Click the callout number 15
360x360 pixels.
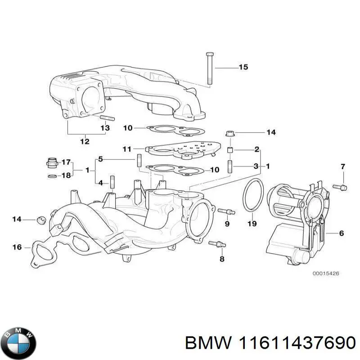click(243, 67)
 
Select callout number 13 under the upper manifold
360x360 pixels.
click(104, 128)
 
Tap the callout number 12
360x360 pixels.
click(85, 142)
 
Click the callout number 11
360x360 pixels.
click(127, 148)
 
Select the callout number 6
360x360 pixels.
click(341, 233)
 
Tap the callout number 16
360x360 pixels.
click(17, 247)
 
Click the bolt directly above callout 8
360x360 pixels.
click(217, 244)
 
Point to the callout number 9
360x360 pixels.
click(227, 223)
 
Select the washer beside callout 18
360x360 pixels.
click(52, 175)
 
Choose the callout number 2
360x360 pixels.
click(256, 149)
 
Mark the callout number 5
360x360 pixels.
click(101, 159)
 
